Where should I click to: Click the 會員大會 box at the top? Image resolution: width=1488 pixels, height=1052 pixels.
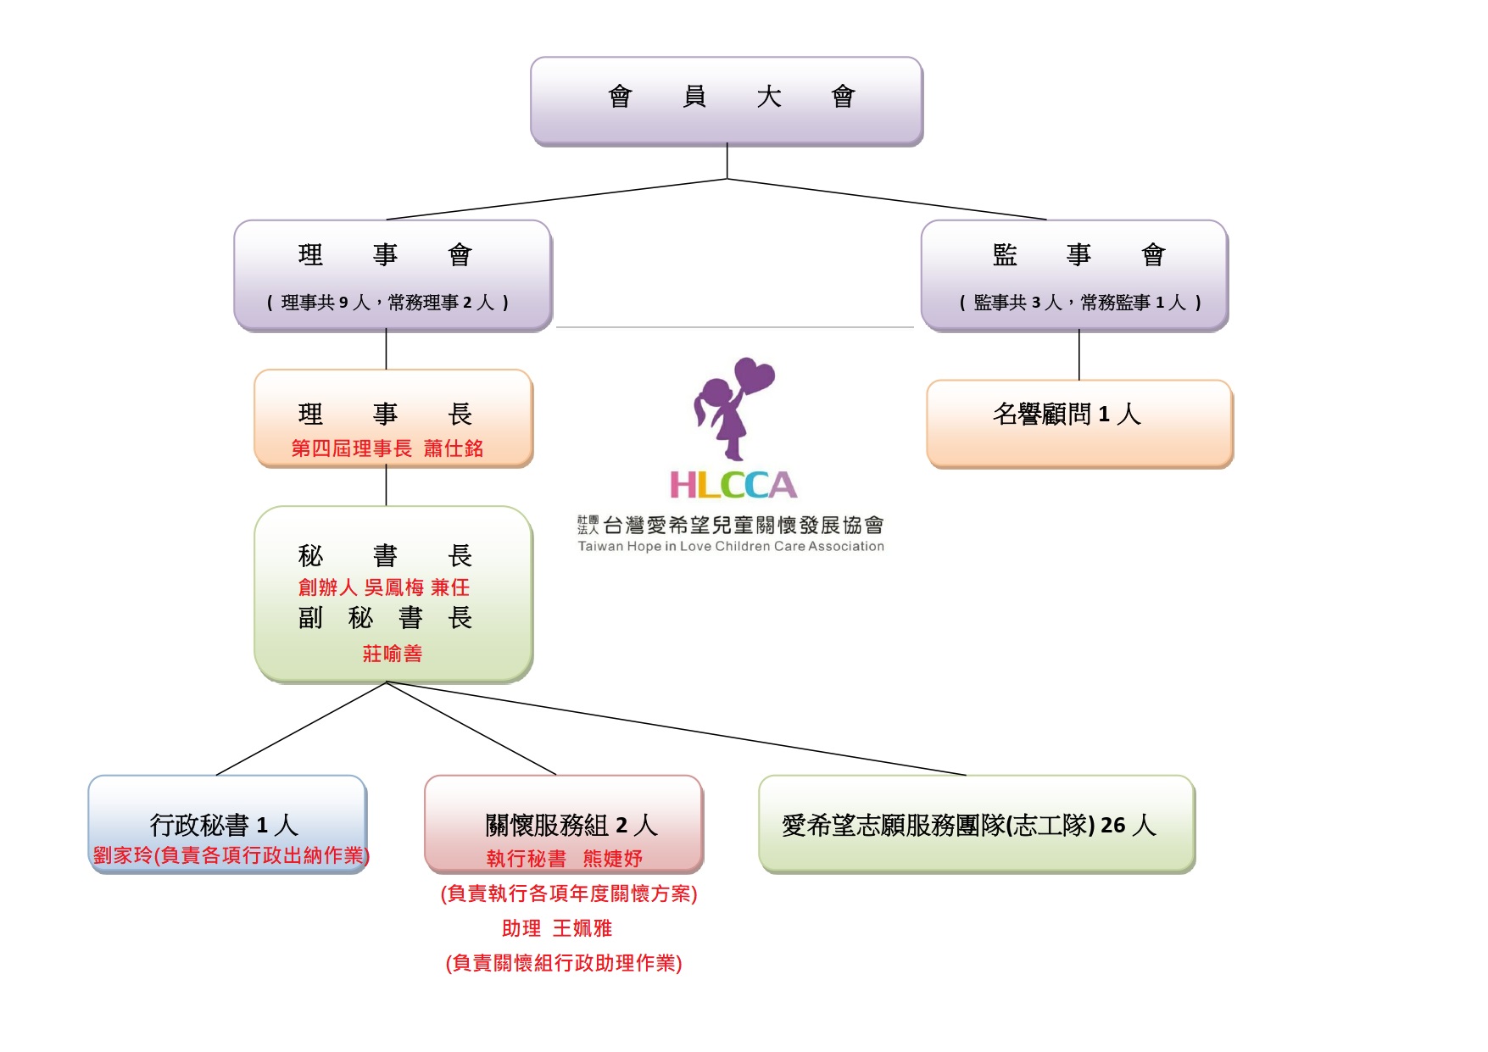(727, 100)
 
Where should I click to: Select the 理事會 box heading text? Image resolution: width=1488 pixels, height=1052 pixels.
(385, 254)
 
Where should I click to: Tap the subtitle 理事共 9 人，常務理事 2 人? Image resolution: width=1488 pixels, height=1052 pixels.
(387, 303)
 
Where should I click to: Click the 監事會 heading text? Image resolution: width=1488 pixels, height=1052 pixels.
(1078, 254)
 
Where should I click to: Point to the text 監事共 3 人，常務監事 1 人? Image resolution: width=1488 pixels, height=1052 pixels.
(1079, 303)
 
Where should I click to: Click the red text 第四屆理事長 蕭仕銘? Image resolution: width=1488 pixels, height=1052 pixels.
(387, 448)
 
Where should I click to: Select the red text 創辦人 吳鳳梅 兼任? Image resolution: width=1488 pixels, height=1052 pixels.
(384, 587)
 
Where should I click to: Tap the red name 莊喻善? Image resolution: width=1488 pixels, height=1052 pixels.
(393, 654)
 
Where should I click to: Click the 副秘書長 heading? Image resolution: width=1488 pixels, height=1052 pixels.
(385, 619)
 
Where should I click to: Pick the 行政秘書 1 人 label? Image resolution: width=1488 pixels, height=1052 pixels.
(224, 825)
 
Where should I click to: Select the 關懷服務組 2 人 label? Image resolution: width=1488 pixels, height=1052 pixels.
(571, 825)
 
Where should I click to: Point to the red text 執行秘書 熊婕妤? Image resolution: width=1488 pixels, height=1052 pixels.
(564, 859)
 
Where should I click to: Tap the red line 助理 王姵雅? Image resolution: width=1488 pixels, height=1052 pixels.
(557, 928)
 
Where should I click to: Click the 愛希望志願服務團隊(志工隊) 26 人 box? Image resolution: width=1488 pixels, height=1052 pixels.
(968, 825)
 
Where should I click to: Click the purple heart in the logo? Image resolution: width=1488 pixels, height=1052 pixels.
(754, 376)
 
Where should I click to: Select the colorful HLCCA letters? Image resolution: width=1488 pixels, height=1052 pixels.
(733, 486)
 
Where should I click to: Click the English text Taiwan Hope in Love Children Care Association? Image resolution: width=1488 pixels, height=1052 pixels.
(731, 547)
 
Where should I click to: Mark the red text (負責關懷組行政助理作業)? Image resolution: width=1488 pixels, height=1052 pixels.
(564, 963)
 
